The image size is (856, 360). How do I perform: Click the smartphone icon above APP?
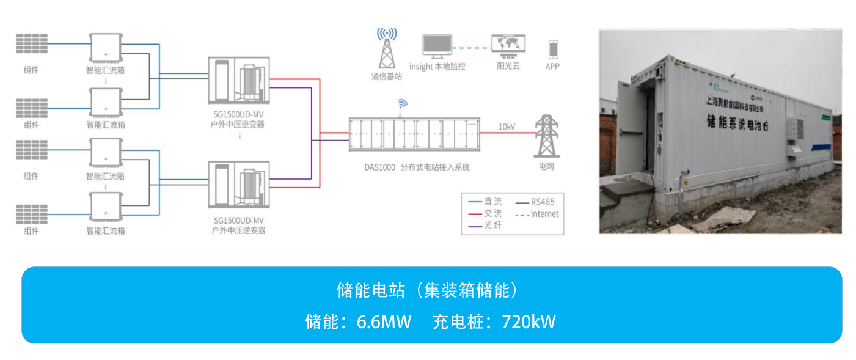(x=553, y=49)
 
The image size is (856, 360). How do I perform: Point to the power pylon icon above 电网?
(x=546, y=136)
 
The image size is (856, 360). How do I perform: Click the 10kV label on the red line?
(x=507, y=127)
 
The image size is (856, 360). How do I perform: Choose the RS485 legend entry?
(x=543, y=201)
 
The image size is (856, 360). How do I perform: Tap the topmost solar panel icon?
(x=32, y=43)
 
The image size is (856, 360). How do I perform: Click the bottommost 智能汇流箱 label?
(x=106, y=231)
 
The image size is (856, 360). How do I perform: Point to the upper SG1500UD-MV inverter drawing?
(x=238, y=81)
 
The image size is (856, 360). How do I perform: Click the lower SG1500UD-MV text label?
(x=238, y=220)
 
